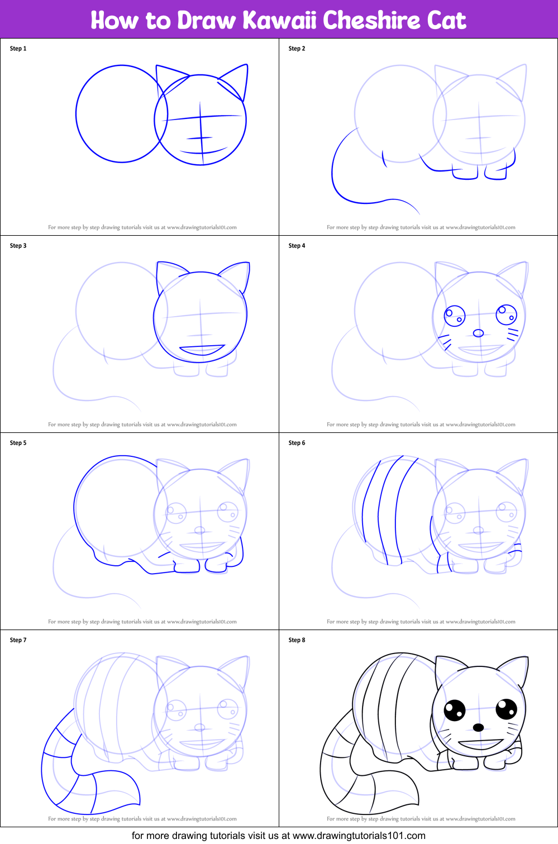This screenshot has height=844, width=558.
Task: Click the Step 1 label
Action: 18,49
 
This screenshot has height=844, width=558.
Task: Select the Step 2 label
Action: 297,49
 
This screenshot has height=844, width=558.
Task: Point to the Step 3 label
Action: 18,246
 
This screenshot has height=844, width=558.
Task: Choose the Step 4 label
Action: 297,246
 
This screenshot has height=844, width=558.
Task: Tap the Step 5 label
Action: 18,443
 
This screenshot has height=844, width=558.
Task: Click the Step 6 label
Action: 297,443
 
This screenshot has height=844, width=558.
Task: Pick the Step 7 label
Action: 18,640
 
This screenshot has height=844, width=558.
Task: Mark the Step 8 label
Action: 297,640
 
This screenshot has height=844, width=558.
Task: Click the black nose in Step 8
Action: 478,727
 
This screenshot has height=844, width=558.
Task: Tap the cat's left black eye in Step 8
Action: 455,710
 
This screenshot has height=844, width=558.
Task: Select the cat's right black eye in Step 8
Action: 506,709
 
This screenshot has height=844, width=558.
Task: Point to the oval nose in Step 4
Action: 478,333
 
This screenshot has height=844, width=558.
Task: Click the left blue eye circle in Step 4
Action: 455,316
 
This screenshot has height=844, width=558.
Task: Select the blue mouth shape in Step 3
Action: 202,350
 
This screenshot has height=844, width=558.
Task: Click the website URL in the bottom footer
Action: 359,836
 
